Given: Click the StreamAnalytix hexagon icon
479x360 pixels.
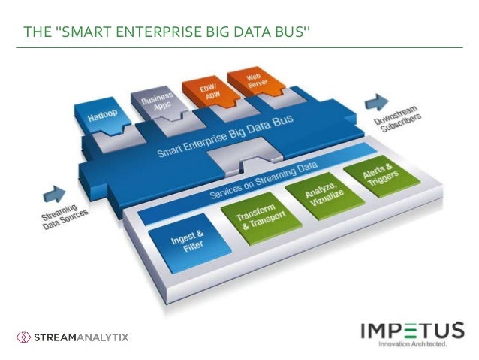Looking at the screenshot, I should (x=23, y=337).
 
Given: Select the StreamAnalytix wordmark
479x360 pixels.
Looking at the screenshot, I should (x=81, y=337).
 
